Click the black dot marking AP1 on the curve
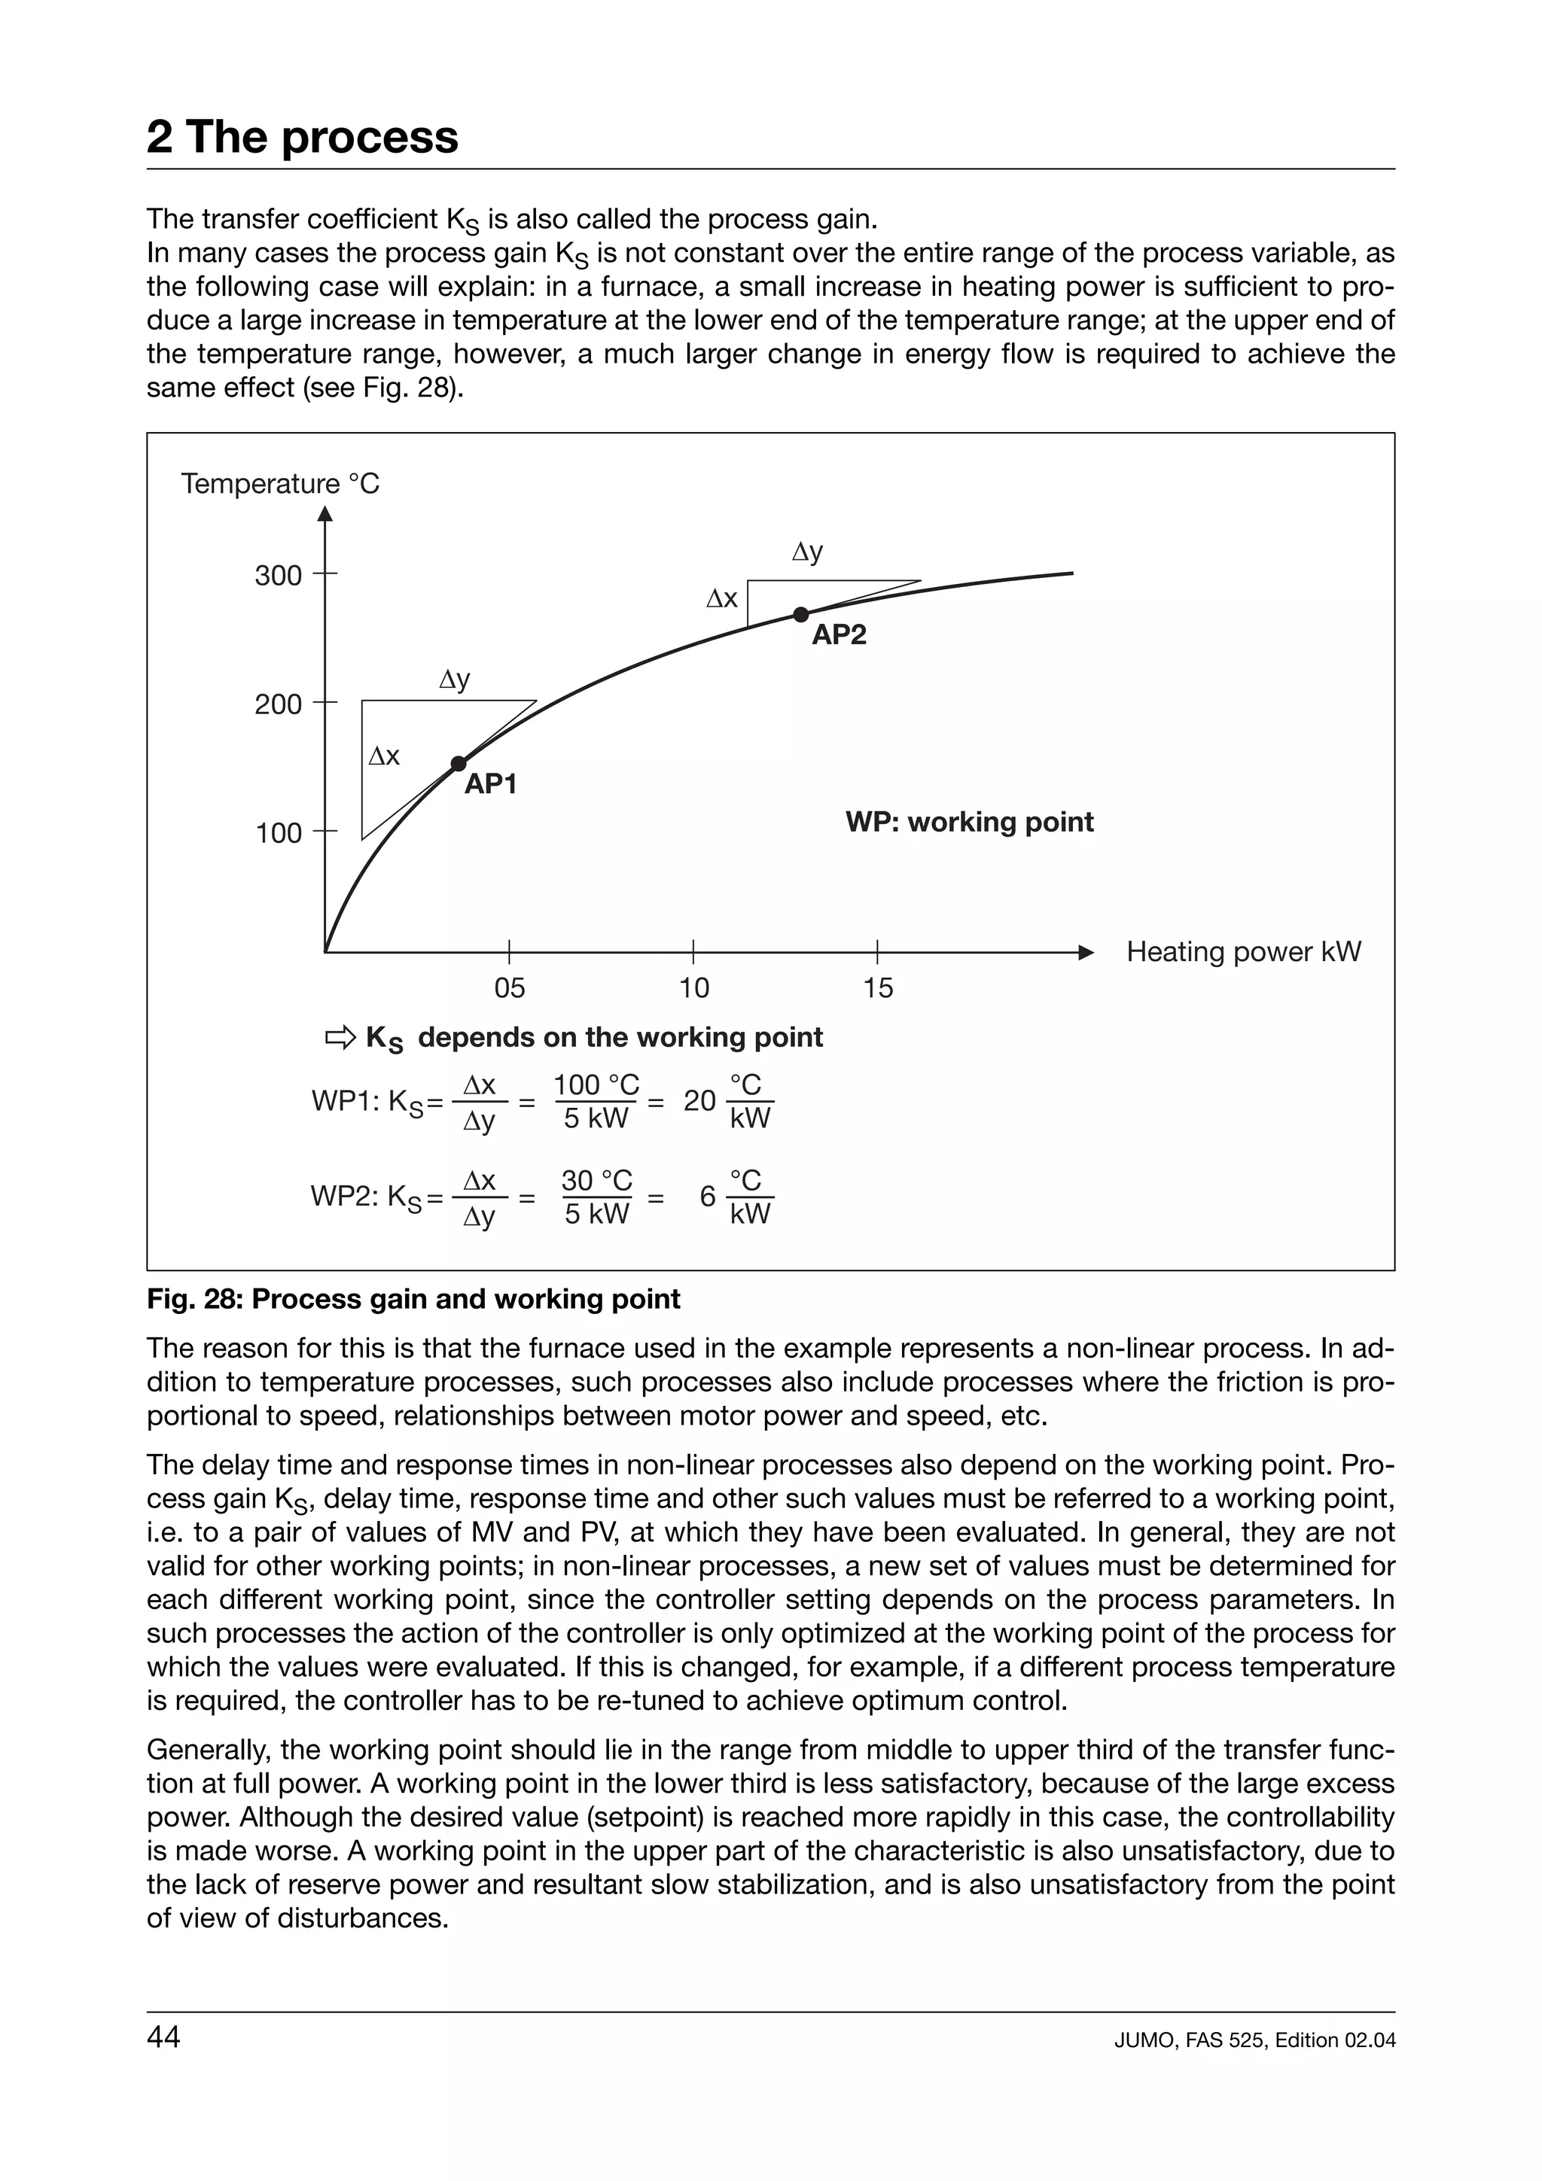(x=458, y=764)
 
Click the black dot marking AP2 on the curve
(x=801, y=615)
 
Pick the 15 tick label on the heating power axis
(x=878, y=989)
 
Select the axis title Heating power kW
(x=1243, y=952)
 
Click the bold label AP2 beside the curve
(x=839, y=635)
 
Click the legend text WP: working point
(x=969, y=822)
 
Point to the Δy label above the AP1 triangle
(x=455, y=680)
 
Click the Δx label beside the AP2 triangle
(x=721, y=598)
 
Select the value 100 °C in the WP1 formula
(x=596, y=1084)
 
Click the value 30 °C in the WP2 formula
(x=596, y=1181)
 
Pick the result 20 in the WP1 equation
(x=699, y=1101)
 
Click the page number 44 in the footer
(x=163, y=2037)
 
